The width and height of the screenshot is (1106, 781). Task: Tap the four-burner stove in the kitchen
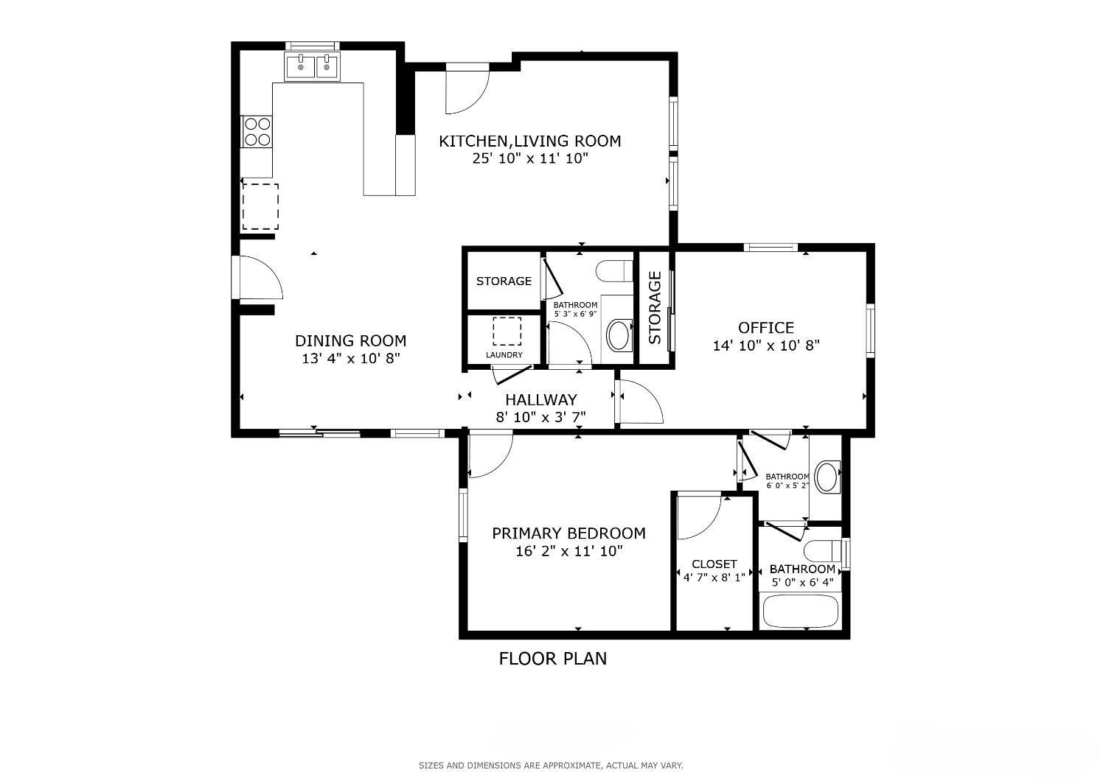pos(257,132)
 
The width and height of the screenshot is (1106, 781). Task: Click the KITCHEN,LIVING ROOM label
pos(529,141)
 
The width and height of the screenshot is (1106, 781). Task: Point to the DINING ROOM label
pos(350,340)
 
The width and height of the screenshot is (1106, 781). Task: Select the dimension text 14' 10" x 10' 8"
pos(766,346)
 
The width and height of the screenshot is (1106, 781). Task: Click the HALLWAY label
pos(540,399)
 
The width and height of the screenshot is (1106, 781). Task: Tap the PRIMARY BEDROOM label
pos(568,533)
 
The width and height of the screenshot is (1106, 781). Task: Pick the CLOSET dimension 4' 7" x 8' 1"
pos(714,578)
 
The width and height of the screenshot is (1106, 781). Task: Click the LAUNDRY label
pos(504,355)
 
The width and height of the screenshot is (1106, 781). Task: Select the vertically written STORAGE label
pos(655,308)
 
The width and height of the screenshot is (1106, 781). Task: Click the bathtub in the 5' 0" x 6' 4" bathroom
pos(800,611)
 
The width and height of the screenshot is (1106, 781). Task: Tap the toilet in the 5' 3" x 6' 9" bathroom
pos(613,270)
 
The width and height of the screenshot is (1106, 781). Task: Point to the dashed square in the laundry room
pos(507,331)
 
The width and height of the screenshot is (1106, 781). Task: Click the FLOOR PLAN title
pos(553,659)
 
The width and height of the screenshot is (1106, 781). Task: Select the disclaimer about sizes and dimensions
pos(551,766)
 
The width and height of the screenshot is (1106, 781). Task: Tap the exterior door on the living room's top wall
pos(467,88)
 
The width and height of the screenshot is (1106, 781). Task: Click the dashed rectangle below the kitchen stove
pos(260,207)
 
